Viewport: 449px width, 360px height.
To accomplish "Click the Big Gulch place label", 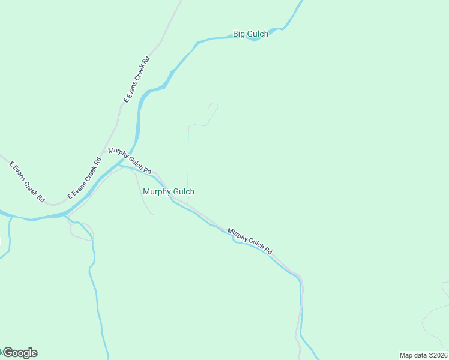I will (250, 34).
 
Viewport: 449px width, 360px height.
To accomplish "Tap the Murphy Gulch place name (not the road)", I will (169, 192).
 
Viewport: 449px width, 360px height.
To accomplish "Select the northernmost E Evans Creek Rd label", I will (137, 79).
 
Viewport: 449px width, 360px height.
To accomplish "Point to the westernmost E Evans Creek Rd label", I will (28, 181).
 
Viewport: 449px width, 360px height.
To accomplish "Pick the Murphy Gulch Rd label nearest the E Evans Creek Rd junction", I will (130, 160).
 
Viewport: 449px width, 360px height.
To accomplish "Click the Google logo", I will (20, 353).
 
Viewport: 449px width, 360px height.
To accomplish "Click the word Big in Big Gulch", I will (239, 34).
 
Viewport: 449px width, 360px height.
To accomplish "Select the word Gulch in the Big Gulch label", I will (258, 34).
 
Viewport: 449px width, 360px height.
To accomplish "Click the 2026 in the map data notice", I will (439, 355).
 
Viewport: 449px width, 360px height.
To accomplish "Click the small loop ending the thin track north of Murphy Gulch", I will (212, 109).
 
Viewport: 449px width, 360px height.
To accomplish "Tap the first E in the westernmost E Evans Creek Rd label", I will (11, 163).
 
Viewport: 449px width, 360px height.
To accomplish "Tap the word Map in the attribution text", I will (406, 355).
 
